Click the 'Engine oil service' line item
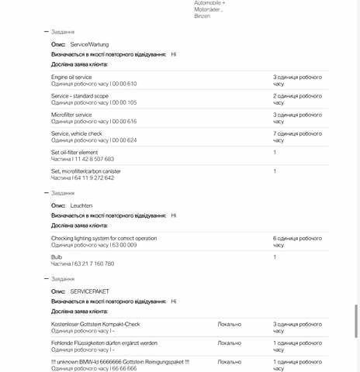(x=71, y=77)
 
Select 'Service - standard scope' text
(x=80, y=96)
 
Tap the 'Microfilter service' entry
(x=71, y=115)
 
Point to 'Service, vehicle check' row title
(x=77, y=133)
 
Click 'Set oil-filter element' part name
(x=74, y=152)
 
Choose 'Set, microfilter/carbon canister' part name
(x=85, y=170)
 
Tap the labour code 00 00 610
(x=124, y=84)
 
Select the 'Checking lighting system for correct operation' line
(x=104, y=238)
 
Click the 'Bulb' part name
(x=57, y=257)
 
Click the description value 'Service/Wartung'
(x=90, y=45)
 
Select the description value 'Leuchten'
(x=81, y=205)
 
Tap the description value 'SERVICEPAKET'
(x=89, y=291)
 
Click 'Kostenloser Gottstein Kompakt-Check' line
(x=95, y=324)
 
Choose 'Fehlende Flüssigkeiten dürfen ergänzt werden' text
(x=104, y=343)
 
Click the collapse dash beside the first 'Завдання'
(x=47, y=32)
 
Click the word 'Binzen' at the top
(x=202, y=15)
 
